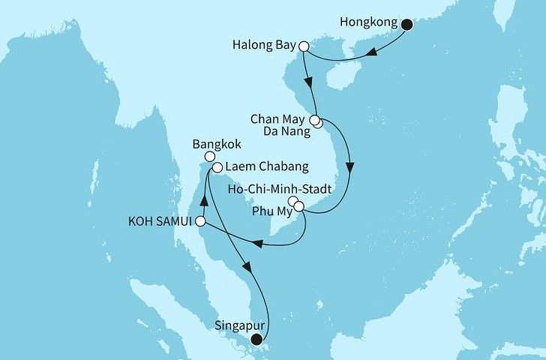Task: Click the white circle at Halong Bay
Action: click(x=304, y=46)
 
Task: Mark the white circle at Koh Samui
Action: click(x=199, y=221)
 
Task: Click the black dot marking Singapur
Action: click(x=258, y=340)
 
